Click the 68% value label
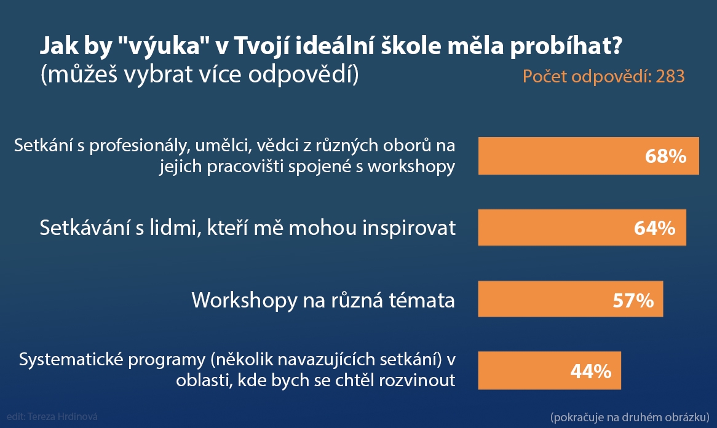[x=665, y=156]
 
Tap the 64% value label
[x=654, y=228]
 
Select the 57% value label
[x=633, y=300]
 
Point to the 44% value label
[x=591, y=371]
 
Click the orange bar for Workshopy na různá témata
[x=571, y=299]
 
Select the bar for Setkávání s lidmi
[x=582, y=228]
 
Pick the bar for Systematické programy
[x=550, y=370]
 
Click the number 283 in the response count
[x=670, y=76]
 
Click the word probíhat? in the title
[x=566, y=47]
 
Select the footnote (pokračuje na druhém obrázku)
[x=630, y=417]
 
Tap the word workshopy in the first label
[x=411, y=167]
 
